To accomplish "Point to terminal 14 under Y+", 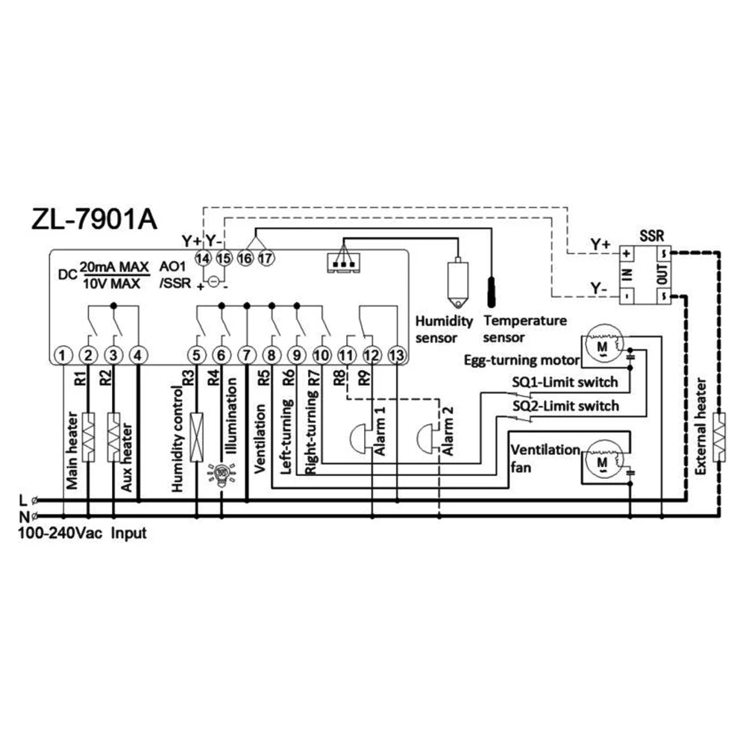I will [x=201, y=258].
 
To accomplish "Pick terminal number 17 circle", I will [x=266, y=258].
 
